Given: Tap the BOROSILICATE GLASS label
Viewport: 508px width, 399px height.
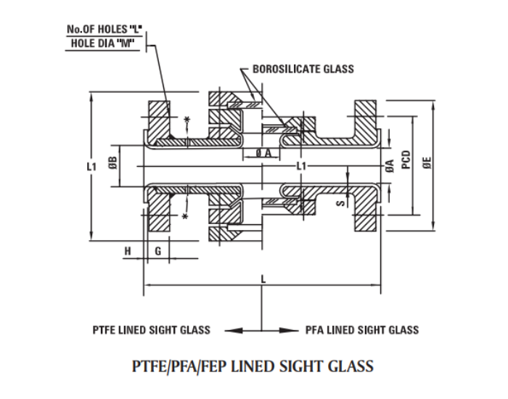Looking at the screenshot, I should tap(303, 69).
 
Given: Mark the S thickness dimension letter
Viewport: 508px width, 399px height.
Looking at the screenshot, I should tap(338, 205).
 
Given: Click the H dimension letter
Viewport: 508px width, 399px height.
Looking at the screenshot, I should tap(128, 250).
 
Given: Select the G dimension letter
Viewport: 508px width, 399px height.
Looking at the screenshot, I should tap(157, 250).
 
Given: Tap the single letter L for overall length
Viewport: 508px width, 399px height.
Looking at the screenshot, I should tap(262, 277).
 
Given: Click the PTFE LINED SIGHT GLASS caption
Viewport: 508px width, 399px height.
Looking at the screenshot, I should tap(151, 330).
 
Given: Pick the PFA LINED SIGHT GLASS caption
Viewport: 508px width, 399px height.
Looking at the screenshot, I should tap(361, 330).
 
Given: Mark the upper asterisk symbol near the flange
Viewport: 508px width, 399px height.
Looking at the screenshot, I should tap(188, 120).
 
